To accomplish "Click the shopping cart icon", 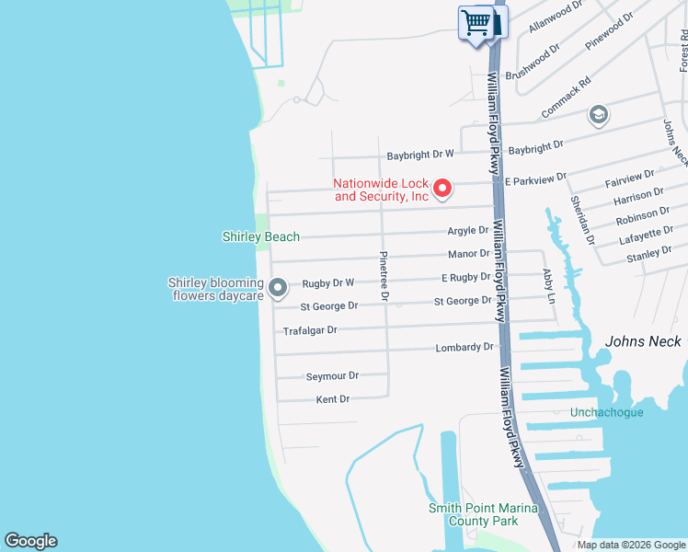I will pos(476,22).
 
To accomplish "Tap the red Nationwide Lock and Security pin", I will pos(441,189).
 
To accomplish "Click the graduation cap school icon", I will pos(599,115).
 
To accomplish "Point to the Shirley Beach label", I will pos(261,236).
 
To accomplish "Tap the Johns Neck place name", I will pos(643,341).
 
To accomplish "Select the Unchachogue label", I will pos(607,412).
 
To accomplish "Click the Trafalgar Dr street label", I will pos(310,330).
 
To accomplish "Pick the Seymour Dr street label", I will pos(332,375).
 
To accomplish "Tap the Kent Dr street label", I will pos(333,399).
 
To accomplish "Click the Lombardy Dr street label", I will pos(464,348).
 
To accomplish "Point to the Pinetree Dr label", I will pos(384,276).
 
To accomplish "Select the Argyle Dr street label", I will pos(468,230).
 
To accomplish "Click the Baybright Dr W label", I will pos(420,155).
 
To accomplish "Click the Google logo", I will pos(30,541).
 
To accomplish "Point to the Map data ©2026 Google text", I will pos(630,545).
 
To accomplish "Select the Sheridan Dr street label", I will pos(582,219).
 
